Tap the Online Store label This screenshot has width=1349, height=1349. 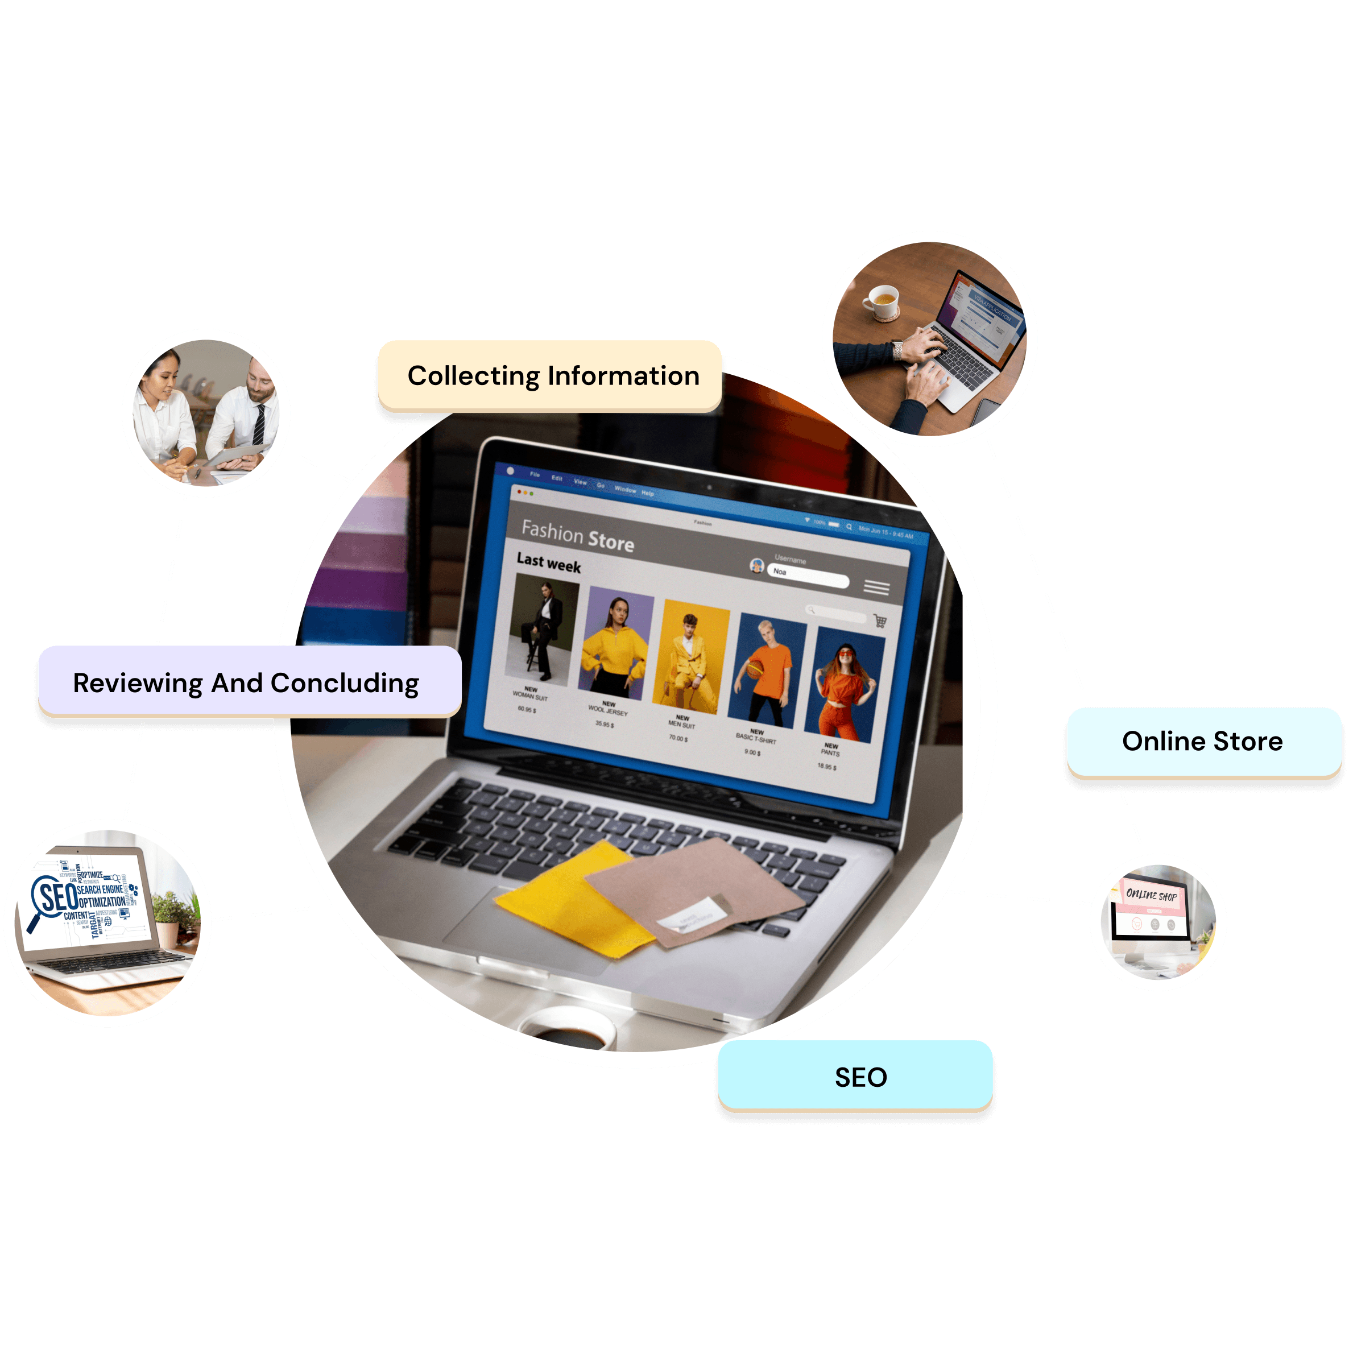pyautogui.click(x=1202, y=741)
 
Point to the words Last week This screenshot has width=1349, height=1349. pyautogui.click(x=548, y=562)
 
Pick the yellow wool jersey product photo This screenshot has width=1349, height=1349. pyautogui.click(x=615, y=647)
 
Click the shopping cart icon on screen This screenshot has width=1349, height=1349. pyautogui.click(x=880, y=620)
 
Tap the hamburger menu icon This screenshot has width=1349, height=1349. pyautogui.click(x=876, y=588)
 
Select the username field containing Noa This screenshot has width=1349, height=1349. pyautogui.click(x=809, y=576)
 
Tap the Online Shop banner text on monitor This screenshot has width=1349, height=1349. pyautogui.click(x=1152, y=895)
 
